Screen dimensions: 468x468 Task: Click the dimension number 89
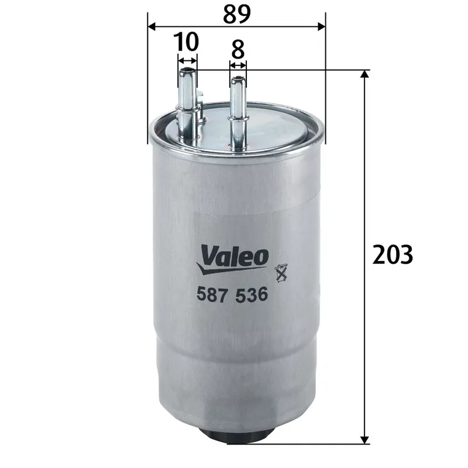coord(235,13)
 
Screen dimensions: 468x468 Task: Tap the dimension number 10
coord(187,42)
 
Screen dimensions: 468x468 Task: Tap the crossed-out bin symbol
coord(282,270)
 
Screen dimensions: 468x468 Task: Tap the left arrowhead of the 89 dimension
coord(151,26)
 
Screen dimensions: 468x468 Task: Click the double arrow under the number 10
coord(187,61)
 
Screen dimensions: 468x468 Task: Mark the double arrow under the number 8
coord(238,64)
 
